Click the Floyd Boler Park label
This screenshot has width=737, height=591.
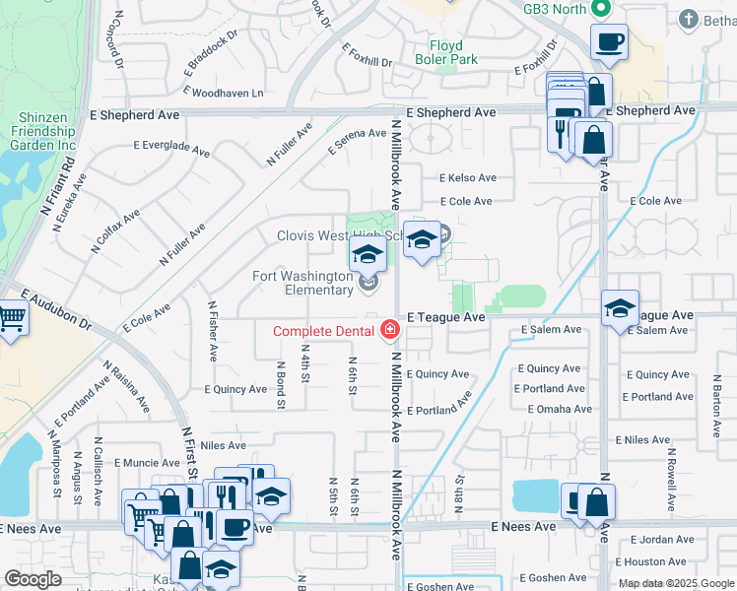click(453, 52)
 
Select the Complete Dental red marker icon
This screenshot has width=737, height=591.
click(390, 329)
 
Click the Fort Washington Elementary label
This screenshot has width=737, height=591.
click(302, 283)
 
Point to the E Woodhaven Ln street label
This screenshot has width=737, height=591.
click(224, 94)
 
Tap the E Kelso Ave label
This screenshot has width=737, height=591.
click(467, 178)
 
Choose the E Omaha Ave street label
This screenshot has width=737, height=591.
click(560, 409)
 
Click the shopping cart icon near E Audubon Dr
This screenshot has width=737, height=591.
click(10, 319)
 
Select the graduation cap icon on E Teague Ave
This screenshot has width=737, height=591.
click(621, 308)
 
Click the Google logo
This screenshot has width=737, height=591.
click(33, 580)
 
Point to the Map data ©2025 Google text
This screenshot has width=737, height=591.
click(676, 583)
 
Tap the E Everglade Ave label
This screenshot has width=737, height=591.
click(171, 149)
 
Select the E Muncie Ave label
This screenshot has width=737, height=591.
click(147, 462)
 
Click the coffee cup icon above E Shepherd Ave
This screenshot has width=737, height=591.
click(609, 42)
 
